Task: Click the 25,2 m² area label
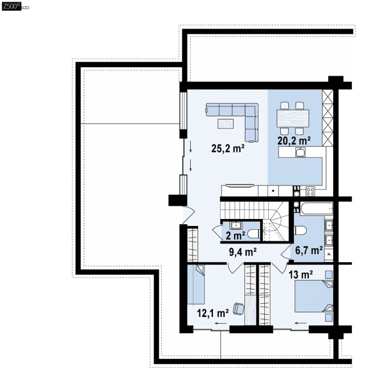(x=228, y=148)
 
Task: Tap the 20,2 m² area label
(x=294, y=141)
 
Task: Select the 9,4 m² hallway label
(x=243, y=251)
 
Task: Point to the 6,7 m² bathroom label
(x=309, y=250)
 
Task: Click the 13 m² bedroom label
(x=301, y=275)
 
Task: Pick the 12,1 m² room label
(x=212, y=313)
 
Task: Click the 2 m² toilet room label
(x=235, y=236)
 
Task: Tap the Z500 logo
(x=11, y=6)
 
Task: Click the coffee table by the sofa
(x=226, y=123)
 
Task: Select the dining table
(x=293, y=118)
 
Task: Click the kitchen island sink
(x=300, y=152)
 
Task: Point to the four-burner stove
(x=310, y=192)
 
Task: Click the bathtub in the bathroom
(x=317, y=208)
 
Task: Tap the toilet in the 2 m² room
(x=253, y=234)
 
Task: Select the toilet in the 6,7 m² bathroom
(x=300, y=230)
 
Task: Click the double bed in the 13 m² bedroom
(x=314, y=296)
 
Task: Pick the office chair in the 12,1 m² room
(x=239, y=308)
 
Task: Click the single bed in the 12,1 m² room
(x=196, y=284)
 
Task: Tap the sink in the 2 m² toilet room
(x=236, y=225)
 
